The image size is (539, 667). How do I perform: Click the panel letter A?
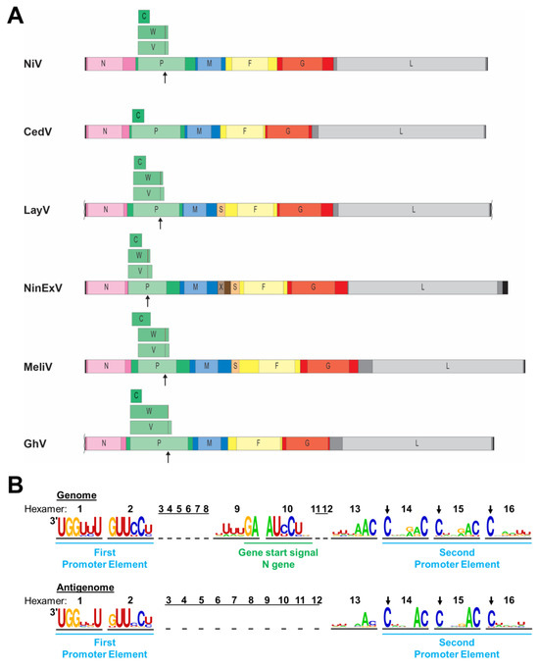(16, 17)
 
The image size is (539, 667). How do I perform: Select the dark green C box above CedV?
(138, 116)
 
